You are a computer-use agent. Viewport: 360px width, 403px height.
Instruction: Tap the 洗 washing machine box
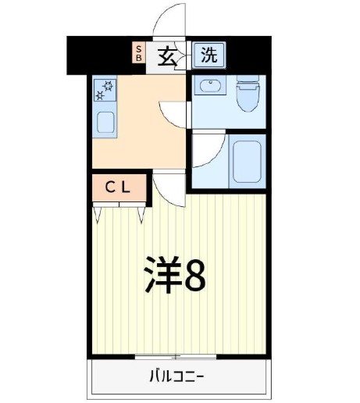208,55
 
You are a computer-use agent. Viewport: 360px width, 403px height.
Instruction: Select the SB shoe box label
139,52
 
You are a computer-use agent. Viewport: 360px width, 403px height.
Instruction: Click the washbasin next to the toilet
209,86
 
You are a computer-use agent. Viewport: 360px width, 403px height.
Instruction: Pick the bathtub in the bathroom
246,159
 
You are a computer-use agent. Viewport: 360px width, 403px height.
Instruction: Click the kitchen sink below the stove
105,122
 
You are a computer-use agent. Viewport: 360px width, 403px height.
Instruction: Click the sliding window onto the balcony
176,356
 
